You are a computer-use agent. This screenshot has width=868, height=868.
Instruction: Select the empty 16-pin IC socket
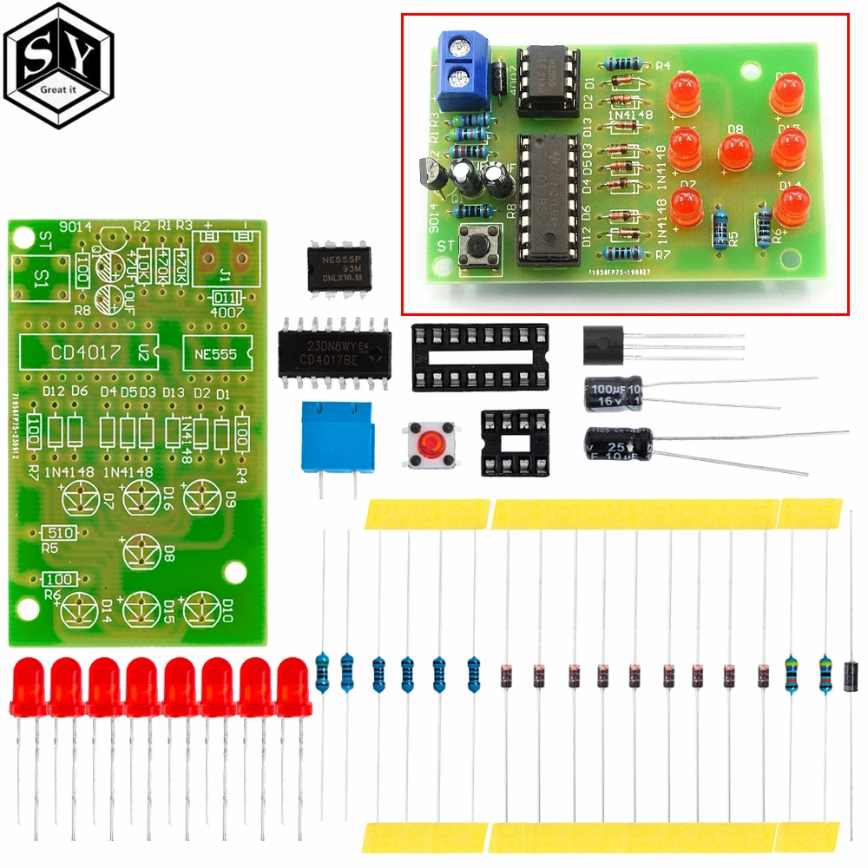tap(480, 354)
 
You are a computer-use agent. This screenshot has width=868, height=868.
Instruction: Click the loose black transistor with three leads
tap(605, 341)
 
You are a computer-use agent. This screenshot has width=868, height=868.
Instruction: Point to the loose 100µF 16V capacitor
tap(613, 393)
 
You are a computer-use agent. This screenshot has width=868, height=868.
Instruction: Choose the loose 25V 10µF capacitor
tap(617, 445)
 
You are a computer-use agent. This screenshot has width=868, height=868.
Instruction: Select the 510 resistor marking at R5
tap(61, 533)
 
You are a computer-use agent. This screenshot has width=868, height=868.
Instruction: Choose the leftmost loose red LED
tap(30, 686)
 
